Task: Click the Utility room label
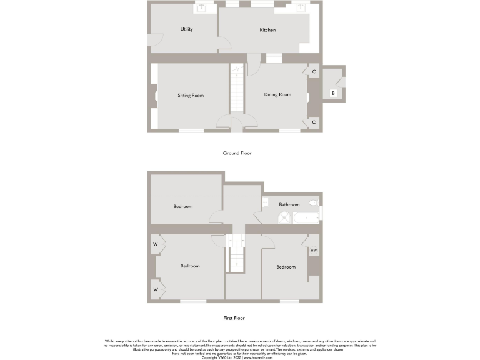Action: [x=186, y=29]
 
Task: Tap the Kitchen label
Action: [x=267, y=30]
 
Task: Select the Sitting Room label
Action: [x=191, y=96]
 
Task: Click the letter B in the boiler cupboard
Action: [x=333, y=94]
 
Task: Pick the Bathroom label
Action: [x=289, y=204]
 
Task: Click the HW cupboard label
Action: [x=314, y=251]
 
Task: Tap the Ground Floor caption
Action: [x=237, y=152]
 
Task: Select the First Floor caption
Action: [x=234, y=318]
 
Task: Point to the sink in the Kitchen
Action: [x=301, y=9]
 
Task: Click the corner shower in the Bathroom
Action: [x=284, y=217]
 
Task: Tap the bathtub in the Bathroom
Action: [x=306, y=218]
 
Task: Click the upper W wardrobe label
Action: [x=155, y=244]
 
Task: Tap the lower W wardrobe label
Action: [x=155, y=289]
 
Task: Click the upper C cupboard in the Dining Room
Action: [x=314, y=72]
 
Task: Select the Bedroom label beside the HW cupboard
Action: [x=286, y=267]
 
